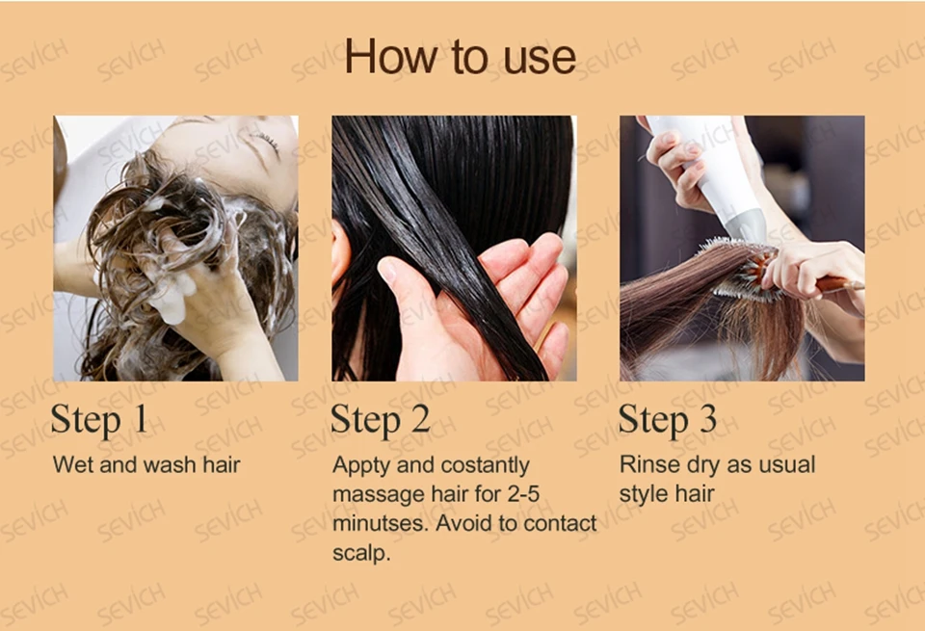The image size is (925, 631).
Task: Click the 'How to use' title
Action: point(461,56)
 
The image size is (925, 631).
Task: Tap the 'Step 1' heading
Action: point(98,419)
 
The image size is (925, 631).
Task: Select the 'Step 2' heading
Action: point(381,419)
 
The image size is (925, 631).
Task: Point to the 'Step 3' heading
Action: point(667,419)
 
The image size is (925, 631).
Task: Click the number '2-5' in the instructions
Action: point(523,494)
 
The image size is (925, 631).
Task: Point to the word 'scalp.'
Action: point(361,554)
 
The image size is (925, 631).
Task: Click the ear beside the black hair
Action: point(341,253)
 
